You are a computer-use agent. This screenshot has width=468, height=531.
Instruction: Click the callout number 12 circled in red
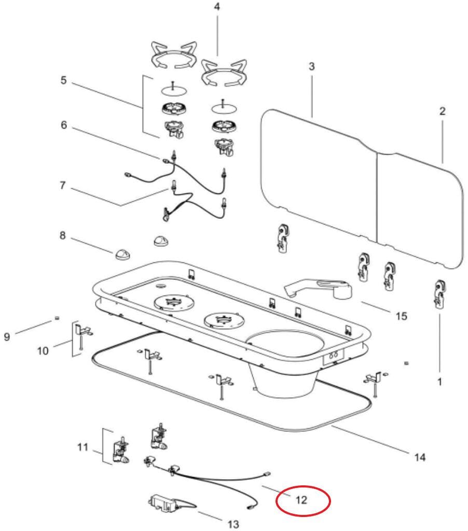pyautogui.click(x=301, y=500)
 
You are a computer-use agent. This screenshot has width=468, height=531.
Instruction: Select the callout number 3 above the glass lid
pyautogui.click(x=311, y=67)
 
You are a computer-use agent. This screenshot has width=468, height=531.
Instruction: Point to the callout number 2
pyautogui.click(x=442, y=111)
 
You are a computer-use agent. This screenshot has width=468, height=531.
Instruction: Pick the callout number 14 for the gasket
pyautogui.click(x=420, y=457)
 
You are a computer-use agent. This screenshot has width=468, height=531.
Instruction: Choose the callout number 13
pyautogui.click(x=233, y=524)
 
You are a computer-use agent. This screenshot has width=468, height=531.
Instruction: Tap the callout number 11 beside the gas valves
pyautogui.click(x=83, y=447)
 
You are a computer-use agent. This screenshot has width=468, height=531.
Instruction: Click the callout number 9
pyautogui.click(x=7, y=337)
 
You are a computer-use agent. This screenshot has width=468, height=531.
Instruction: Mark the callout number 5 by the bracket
pyautogui.click(x=63, y=81)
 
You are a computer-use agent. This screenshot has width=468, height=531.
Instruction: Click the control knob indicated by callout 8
pyautogui.click(x=122, y=254)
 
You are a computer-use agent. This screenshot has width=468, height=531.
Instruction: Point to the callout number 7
pyautogui.click(x=63, y=186)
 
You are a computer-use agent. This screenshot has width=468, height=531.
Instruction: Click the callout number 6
pyautogui.click(x=63, y=125)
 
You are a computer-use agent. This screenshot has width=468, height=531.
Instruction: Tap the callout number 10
pyautogui.click(x=43, y=351)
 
